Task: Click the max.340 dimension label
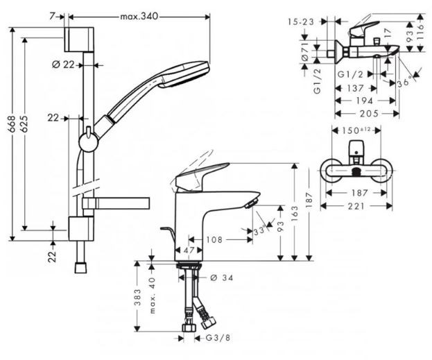pyautogui.click(x=139, y=17)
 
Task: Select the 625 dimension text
pyautogui.click(x=24, y=124)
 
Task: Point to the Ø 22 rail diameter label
pyautogui.click(x=63, y=65)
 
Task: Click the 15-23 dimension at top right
pyautogui.click(x=301, y=22)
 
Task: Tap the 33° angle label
pyautogui.click(x=260, y=230)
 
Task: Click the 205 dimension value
pyautogui.click(x=370, y=113)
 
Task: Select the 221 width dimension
pyautogui.click(x=356, y=206)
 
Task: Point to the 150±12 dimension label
pyautogui.click(x=357, y=130)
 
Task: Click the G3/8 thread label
pyautogui.click(x=218, y=338)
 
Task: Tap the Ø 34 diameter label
pyautogui.click(x=221, y=277)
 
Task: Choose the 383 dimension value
pyautogui.click(x=138, y=297)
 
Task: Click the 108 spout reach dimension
pyautogui.click(x=214, y=239)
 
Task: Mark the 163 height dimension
pyautogui.click(x=295, y=212)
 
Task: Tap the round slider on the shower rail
pyautogui.click(x=89, y=142)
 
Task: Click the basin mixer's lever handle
pyautogui.click(x=201, y=176)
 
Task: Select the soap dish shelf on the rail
pyautogui.click(x=116, y=203)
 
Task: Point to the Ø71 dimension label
pyautogui.click(x=304, y=51)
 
